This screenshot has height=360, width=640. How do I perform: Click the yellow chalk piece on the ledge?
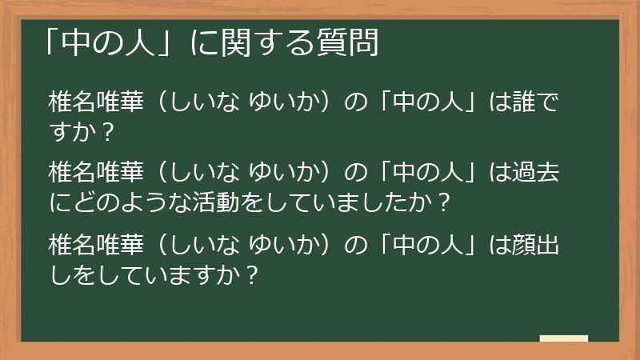tap(563, 338)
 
